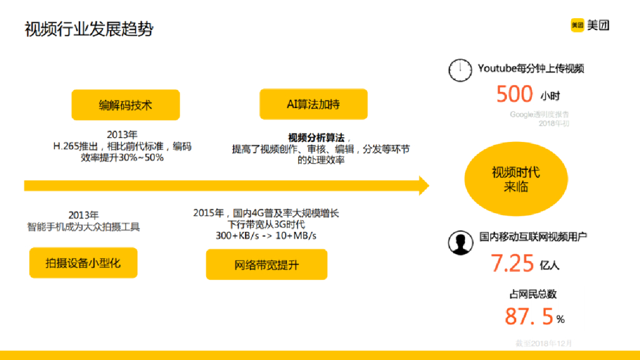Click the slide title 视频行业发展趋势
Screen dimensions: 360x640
tap(89, 29)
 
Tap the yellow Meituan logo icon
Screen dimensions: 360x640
tap(577, 25)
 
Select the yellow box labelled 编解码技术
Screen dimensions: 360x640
tap(126, 105)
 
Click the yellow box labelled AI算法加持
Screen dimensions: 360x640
tap(313, 104)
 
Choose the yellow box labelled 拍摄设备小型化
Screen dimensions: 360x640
tap(83, 263)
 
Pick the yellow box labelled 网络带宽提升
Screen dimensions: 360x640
tap(267, 264)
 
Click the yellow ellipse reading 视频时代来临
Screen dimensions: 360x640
tap(516, 179)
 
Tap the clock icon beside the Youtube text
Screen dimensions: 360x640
tap(460, 70)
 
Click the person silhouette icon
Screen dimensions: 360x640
tap(460, 242)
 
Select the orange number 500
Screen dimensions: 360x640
tap(514, 94)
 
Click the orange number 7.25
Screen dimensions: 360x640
tap(512, 263)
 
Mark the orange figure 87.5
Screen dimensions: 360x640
tap(529, 316)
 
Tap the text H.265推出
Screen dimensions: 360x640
tap(74, 146)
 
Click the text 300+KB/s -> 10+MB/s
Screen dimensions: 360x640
tap(266, 236)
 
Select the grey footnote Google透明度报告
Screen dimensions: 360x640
tap(539, 114)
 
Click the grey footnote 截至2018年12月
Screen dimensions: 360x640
tap(543, 343)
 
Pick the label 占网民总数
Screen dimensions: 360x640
tap(533, 294)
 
